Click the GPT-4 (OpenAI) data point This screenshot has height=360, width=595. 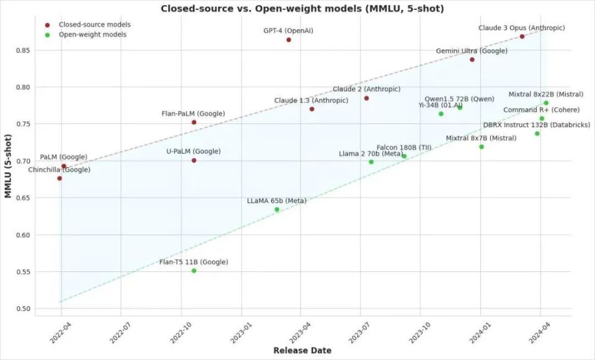pyautogui.click(x=289, y=40)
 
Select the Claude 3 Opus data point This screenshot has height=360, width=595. pyautogui.click(x=522, y=37)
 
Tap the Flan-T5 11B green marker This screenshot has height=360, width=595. pyautogui.click(x=194, y=271)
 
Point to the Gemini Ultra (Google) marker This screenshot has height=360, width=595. pyautogui.click(x=472, y=59)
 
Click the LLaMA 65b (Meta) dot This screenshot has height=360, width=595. pyautogui.click(x=277, y=209)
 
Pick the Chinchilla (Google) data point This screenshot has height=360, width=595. pyautogui.click(x=59, y=178)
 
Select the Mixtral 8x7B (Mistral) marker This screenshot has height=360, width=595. pyautogui.click(x=482, y=147)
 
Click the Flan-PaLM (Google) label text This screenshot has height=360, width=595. pyautogui.click(x=193, y=113)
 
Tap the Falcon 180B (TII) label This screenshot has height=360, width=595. pyautogui.click(x=404, y=147)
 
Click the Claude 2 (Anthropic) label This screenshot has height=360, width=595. pyautogui.click(x=366, y=90)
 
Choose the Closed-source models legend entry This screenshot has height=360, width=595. pyautogui.click(x=94, y=25)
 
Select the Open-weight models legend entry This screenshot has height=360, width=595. pyautogui.click(x=92, y=35)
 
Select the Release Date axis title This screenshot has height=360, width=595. pyautogui.click(x=302, y=351)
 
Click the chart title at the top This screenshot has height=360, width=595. pyautogui.click(x=302, y=8)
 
